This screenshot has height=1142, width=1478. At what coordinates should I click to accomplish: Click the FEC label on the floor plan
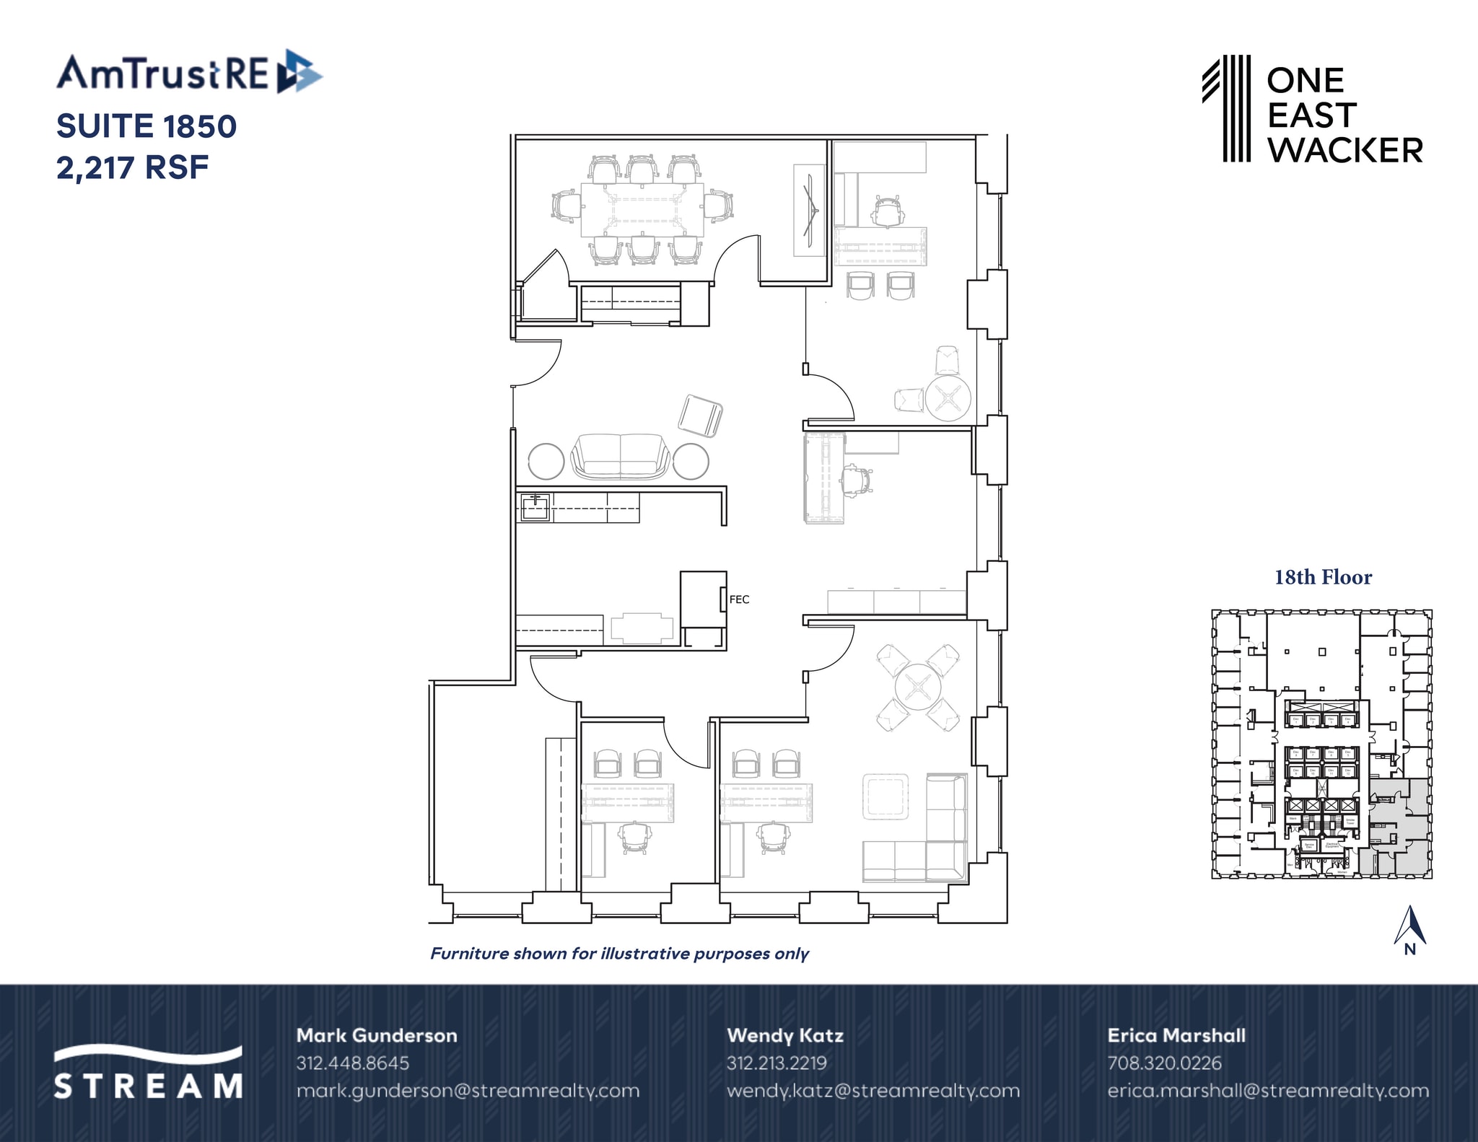[739, 599]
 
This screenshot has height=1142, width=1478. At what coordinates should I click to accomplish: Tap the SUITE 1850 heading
[147, 126]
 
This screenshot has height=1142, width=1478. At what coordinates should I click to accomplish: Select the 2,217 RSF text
[133, 167]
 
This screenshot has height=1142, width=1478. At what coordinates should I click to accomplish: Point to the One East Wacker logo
[1312, 109]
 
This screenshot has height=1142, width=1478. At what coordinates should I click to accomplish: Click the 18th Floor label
[1323, 577]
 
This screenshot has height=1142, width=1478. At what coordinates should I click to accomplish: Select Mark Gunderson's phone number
[352, 1063]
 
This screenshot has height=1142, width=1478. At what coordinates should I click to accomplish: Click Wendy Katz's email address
[873, 1091]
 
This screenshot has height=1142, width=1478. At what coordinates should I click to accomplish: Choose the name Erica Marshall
[1176, 1035]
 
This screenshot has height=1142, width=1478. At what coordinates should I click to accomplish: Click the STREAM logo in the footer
[148, 1075]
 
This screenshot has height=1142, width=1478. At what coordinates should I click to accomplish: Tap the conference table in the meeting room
[642, 209]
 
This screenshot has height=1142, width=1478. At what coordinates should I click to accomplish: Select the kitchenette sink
[535, 507]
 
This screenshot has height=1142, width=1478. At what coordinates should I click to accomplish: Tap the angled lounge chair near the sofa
[700, 416]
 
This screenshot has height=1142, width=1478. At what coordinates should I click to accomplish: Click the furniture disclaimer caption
[619, 954]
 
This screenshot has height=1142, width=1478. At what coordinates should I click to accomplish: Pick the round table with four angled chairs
[917, 688]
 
